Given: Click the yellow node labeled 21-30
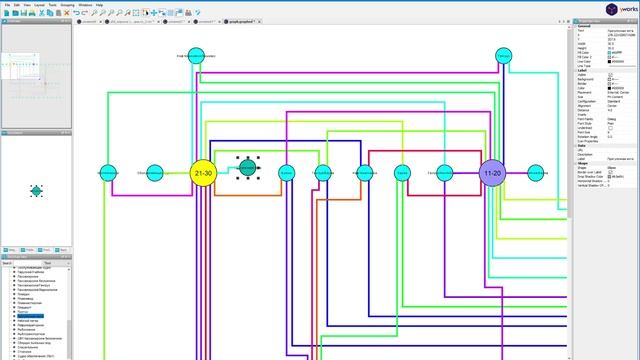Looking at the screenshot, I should coord(203,173).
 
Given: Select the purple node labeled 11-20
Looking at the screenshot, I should coord(492,173).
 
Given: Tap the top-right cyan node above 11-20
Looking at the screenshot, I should coord(505,55).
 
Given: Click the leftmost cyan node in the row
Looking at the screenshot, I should coord(107,173).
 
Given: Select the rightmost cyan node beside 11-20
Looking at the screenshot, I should coord(537,173).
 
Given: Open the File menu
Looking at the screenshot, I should coord(7,4).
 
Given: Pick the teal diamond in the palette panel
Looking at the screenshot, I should coord(37,189).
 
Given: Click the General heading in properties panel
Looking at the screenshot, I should coord(582,26).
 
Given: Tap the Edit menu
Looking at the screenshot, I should coord(17,4).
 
